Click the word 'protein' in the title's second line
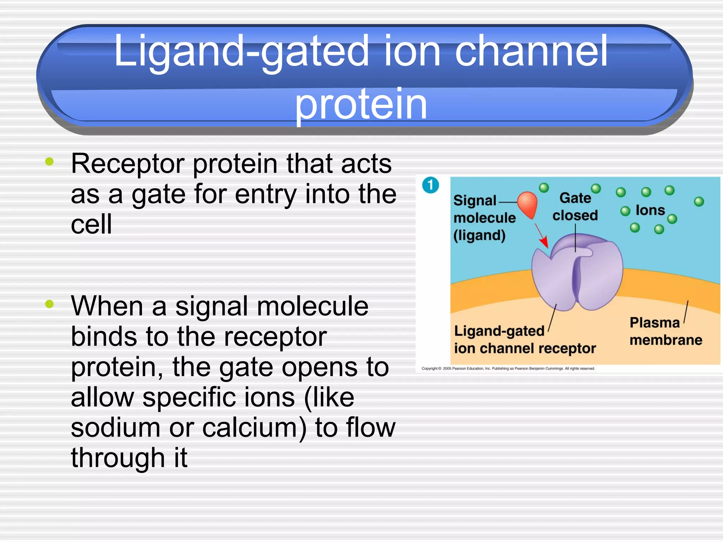tap(361, 104)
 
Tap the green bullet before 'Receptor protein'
tap(49, 162)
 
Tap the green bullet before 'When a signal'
tap(49, 304)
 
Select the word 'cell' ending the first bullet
tap(91, 224)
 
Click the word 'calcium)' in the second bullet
tap(254, 428)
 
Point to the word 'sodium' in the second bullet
tap(115, 428)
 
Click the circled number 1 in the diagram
tap(430, 185)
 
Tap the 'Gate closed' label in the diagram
tap(575, 206)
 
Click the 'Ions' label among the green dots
tap(650, 211)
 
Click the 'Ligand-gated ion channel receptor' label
tap(524, 340)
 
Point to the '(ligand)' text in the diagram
tap(479, 235)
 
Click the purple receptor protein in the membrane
tap(597, 279)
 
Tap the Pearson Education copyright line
tap(508, 369)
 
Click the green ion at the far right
tap(699, 201)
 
